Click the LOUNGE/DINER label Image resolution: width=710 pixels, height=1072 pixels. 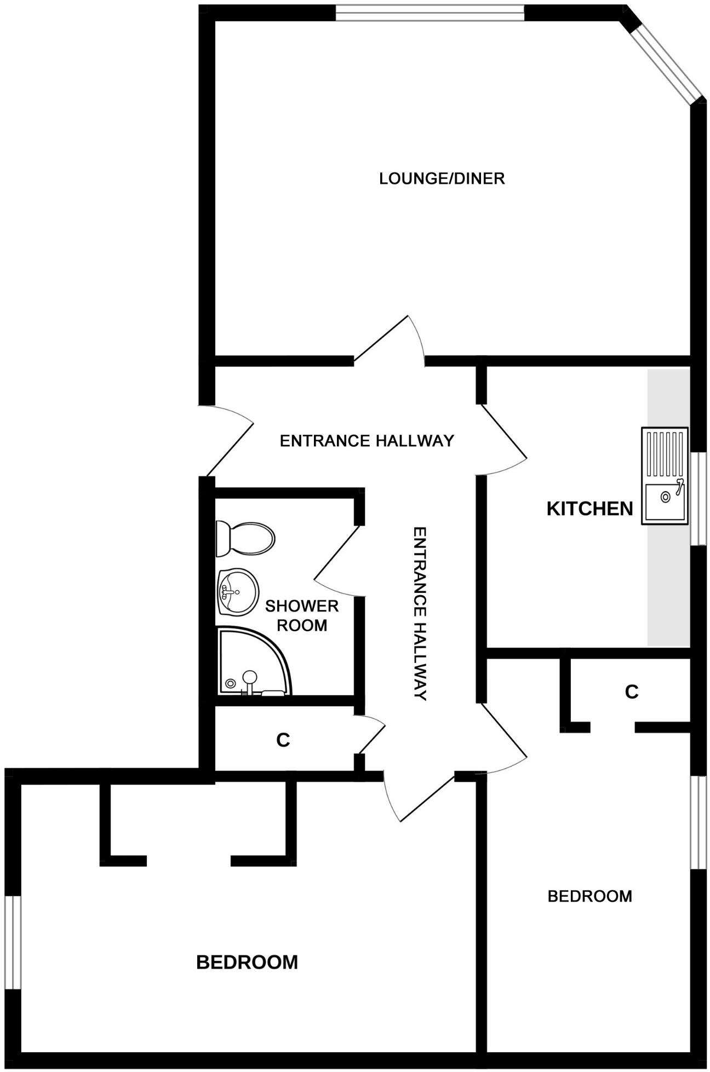(442, 178)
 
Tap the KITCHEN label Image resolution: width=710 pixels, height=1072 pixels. (589, 509)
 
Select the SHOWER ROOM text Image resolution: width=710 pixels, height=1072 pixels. (302, 615)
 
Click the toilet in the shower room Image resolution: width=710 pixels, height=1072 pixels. (245, 537)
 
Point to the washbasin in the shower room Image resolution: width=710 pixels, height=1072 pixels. (237, 591)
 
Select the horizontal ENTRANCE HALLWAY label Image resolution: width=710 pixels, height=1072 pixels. (367, 441)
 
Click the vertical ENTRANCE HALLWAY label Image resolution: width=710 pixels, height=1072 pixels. (420, 614)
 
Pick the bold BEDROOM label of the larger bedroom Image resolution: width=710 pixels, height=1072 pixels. (247, 962)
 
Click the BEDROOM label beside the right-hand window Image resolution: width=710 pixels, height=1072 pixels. (589, 896)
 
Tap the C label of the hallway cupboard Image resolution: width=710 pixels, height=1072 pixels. (283, 740)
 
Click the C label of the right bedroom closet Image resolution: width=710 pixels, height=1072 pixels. (631, 692)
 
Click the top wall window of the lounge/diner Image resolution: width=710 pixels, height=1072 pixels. (430, 12)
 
